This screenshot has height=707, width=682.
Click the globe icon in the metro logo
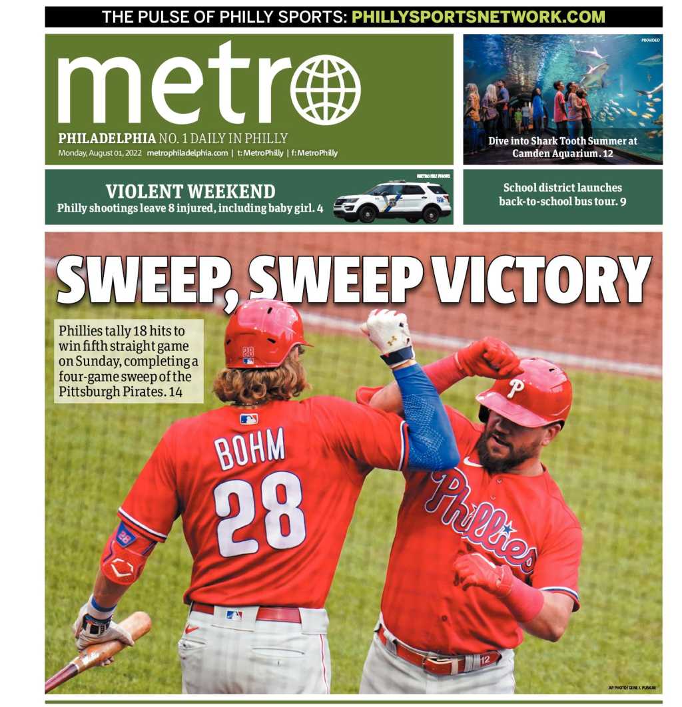coord(325,90)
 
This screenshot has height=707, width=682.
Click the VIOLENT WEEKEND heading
coord(190,192)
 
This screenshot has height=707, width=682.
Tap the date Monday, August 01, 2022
coord(100,153)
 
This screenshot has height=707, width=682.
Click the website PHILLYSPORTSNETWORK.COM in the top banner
coord(478,17)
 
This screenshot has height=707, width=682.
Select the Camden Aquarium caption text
coord(563,147)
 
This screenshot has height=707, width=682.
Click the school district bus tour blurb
coord(563,194)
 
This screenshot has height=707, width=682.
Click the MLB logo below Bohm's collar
coord(249,419)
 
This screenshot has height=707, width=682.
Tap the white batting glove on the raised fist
coord(389,333)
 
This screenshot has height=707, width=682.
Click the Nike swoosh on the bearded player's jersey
coord(472,461)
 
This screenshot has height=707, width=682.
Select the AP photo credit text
coord(631,687)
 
